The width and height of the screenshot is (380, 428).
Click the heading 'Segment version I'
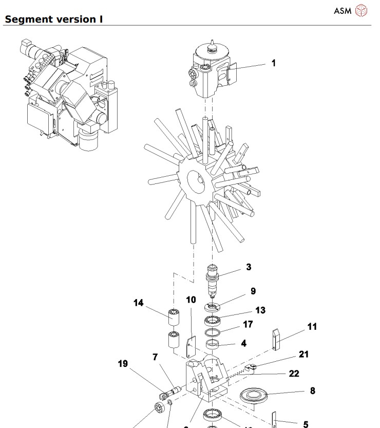point(53,20)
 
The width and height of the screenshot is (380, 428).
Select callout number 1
point(274,63)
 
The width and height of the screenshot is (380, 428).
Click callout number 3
point(249,267)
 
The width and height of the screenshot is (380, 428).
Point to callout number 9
point(253,291)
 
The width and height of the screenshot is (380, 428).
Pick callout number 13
point(260,310)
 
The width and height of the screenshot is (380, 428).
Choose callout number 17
point(248,324)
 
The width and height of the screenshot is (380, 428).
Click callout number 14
point(138,303)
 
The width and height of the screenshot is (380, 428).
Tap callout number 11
point(312,327)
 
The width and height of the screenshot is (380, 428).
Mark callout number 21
point(303,355)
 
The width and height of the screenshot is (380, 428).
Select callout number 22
point(294,374)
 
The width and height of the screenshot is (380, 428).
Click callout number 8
point(312,391)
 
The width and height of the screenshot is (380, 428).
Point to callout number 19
point(123,364)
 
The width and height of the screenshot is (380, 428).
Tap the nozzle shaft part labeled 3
point(213,281)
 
